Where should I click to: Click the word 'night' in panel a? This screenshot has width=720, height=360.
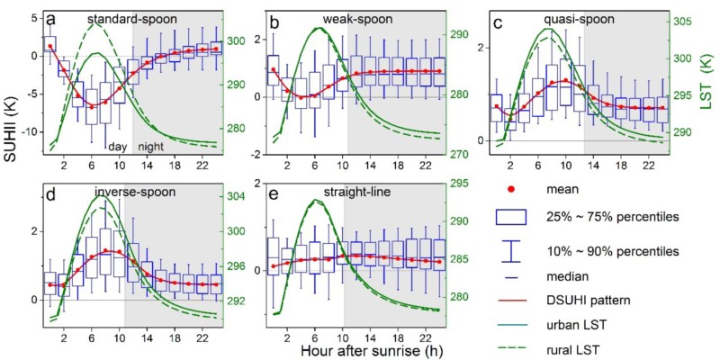point(151,147)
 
